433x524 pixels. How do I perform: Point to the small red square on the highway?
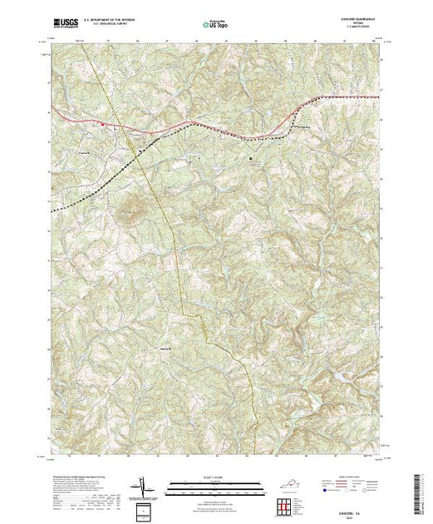point(102,125)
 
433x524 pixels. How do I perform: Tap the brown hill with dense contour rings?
point(132,210)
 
